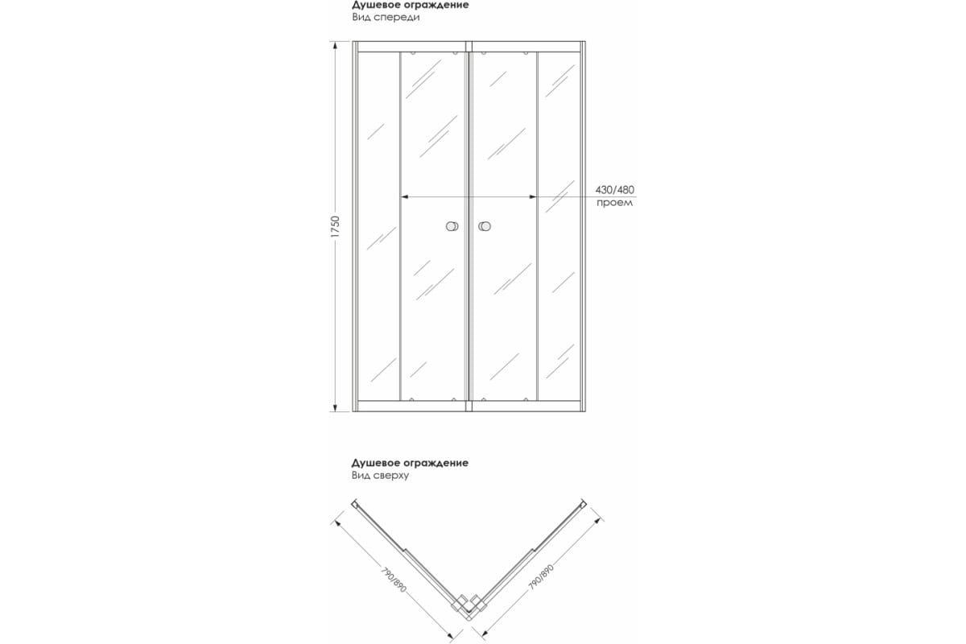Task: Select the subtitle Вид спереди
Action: coord(386,17)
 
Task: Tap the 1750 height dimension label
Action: coord(336,226)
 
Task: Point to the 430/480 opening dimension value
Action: coord(615,189)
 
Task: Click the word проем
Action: coord(614,203)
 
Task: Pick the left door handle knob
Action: coord(452,227)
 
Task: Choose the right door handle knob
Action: coord(485,227)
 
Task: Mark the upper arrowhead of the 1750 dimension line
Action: coord(336,45)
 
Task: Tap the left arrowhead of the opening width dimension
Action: coord(404,196)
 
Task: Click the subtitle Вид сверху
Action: coord(381,476)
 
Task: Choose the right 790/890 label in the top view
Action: coord(542,578)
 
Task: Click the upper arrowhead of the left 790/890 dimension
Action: coord(338,522)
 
